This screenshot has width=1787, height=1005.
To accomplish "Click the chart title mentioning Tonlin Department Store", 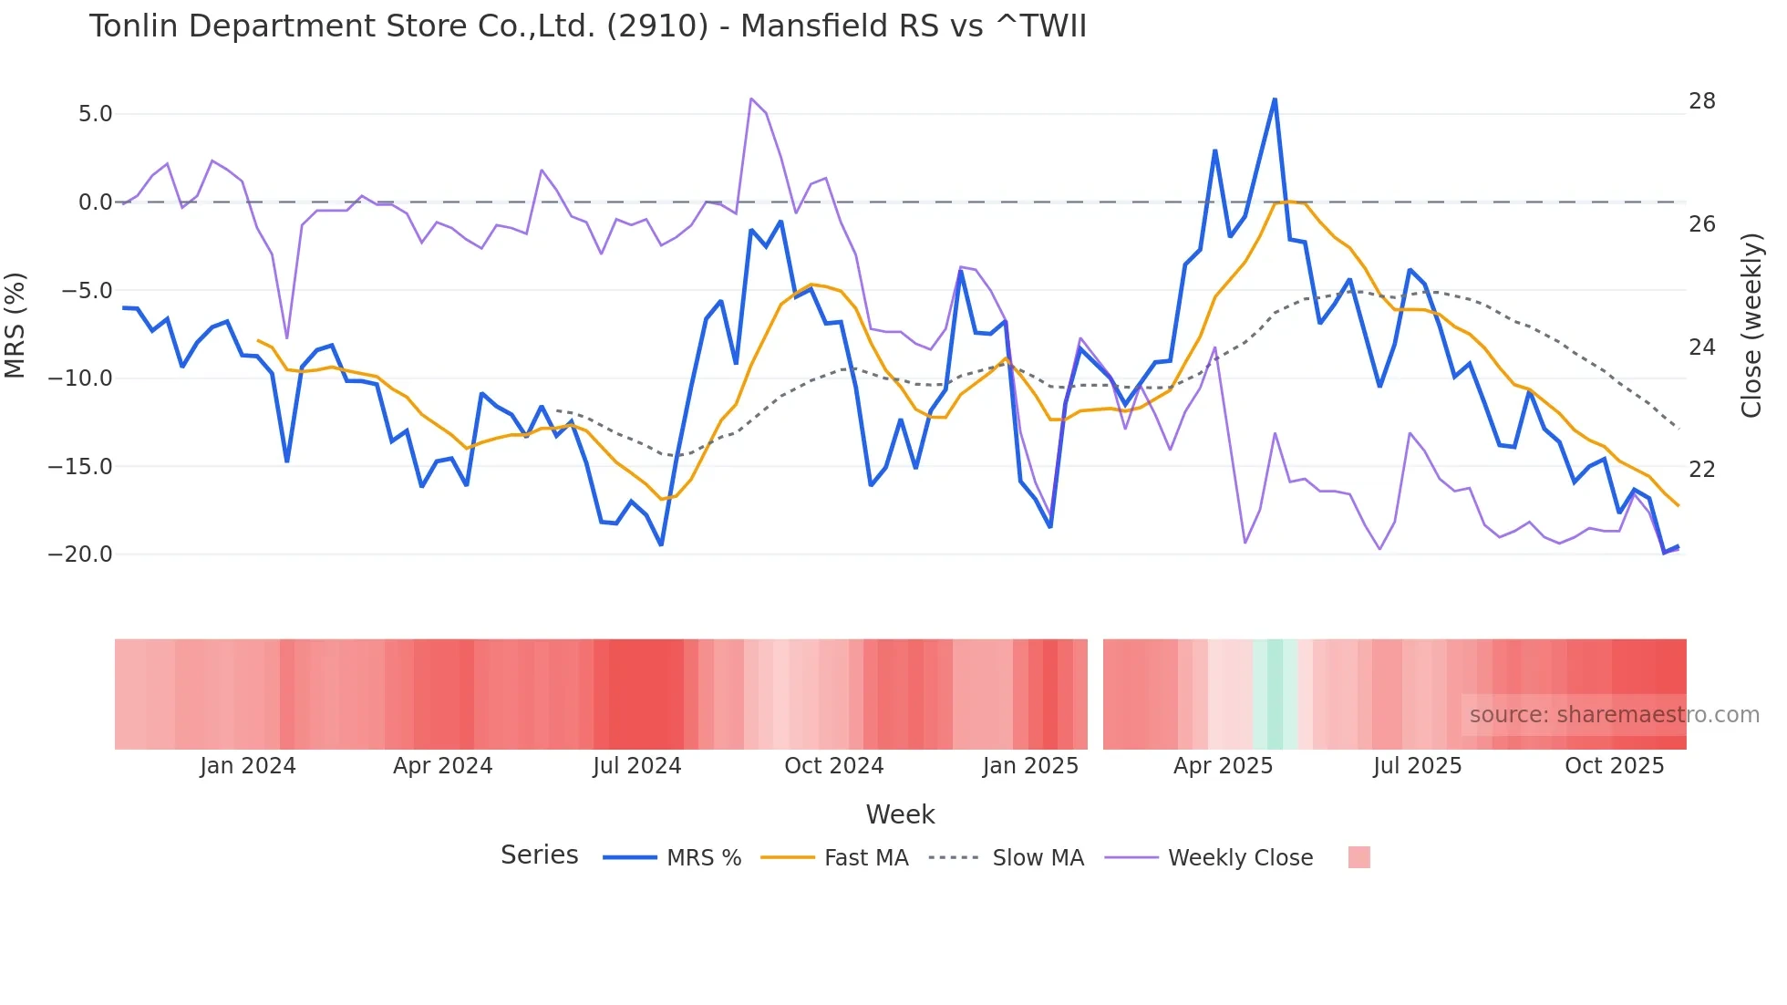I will point(587,26).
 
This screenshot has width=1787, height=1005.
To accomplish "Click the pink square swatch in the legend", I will point(1358,857).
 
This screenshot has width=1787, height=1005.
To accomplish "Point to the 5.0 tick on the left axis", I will point(95,114).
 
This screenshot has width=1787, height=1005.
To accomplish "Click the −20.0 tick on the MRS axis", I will point(80,554).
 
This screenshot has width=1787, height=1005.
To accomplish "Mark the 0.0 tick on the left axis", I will point(95,202).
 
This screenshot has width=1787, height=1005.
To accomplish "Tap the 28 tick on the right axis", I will point(1701,101).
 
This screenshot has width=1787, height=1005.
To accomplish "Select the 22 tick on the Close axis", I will point(1701,470).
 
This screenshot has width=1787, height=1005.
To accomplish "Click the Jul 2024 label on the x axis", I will point(636,766).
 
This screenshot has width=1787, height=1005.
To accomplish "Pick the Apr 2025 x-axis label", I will point(1223,766).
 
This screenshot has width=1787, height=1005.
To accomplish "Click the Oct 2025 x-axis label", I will point(1614,766).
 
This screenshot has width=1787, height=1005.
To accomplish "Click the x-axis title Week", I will point(900,814).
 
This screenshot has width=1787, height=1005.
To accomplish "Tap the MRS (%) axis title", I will point(15,326).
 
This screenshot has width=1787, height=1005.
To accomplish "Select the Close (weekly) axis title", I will point(1751,326).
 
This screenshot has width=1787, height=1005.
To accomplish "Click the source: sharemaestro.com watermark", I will point(1614,715).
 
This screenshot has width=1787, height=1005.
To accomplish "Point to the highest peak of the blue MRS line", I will point(1275,100).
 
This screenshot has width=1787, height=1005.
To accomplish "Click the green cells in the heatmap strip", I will point(1275,694).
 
